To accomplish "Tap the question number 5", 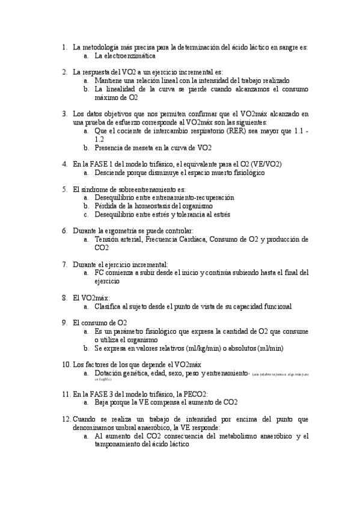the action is (64, 189).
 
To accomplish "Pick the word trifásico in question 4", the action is (154, 164).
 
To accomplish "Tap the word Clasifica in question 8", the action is (110, 306).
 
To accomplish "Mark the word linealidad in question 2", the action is (126, 88).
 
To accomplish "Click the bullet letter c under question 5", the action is (87, 214).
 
